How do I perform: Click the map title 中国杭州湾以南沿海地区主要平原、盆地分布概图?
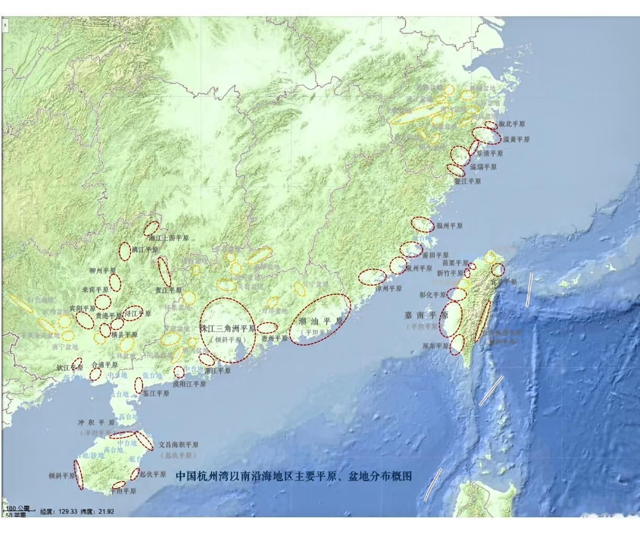pos(293,476)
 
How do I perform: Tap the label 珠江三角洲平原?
pos(227,329)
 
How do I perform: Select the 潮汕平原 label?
pos(321,321)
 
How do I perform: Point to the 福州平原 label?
pos(449,226)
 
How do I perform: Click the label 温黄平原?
pos(516,140)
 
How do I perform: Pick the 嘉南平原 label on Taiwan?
pos(426,315)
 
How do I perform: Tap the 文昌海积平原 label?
pos(179,445)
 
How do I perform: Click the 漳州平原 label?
pos(389,288)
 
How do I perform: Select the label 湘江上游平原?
pos(169,238)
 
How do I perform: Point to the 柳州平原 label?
pos(103,271)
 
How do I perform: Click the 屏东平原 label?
pos(436,346)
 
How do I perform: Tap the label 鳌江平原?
pos(467,182)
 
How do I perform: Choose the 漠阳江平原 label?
pos(189,384)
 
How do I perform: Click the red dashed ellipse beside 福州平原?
pos(422,224)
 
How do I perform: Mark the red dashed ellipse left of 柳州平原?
pos(125,251)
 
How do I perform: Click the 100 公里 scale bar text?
pos(18,508)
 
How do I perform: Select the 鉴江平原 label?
pos(156,393)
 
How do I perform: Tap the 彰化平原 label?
pos(433,295)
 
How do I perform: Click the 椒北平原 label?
pos(512,125)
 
